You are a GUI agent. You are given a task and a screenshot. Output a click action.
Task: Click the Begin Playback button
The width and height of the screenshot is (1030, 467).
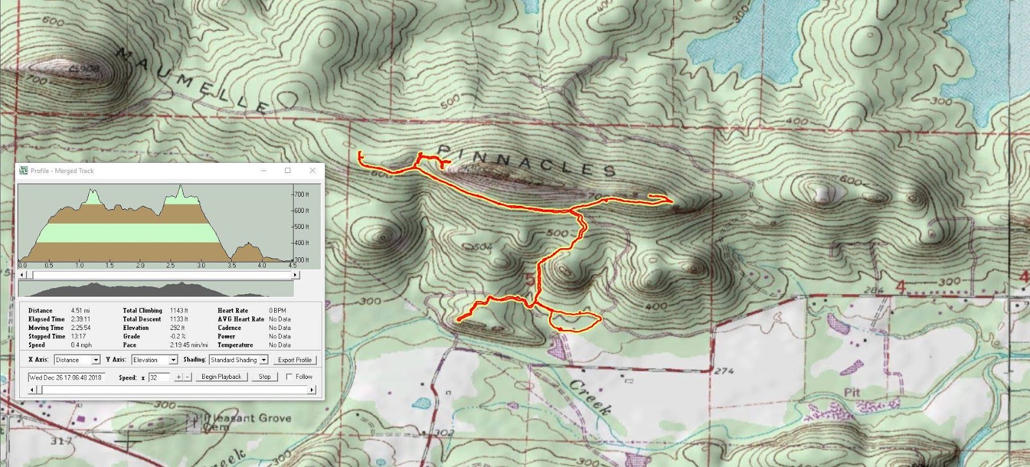[x=221, y=377]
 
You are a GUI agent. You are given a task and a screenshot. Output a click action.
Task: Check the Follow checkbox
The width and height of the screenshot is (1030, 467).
[x=289, y=377]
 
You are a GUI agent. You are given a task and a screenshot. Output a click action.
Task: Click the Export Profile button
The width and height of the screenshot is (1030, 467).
[x=294, y=360]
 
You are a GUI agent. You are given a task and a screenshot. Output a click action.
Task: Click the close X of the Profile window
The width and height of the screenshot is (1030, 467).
[x=312, y=170]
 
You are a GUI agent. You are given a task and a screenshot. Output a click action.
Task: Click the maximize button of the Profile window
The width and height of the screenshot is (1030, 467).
[x=288, y=170]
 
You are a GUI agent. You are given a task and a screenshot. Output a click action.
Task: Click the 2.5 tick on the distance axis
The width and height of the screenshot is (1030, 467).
[x=170, y=265]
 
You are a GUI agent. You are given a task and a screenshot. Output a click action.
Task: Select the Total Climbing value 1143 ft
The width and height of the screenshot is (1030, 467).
[x=179, y=311]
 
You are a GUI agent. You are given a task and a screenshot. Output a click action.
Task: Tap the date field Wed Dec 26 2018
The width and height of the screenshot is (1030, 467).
[x=66, y=377]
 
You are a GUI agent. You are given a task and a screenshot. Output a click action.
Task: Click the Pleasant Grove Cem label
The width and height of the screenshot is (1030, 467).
[x=247, y=421]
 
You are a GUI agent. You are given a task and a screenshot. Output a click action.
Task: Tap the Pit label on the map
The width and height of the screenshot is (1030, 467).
[x=852, y=392]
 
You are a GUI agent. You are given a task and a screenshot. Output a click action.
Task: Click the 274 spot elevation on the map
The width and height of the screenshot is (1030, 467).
[x=724, y=371]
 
